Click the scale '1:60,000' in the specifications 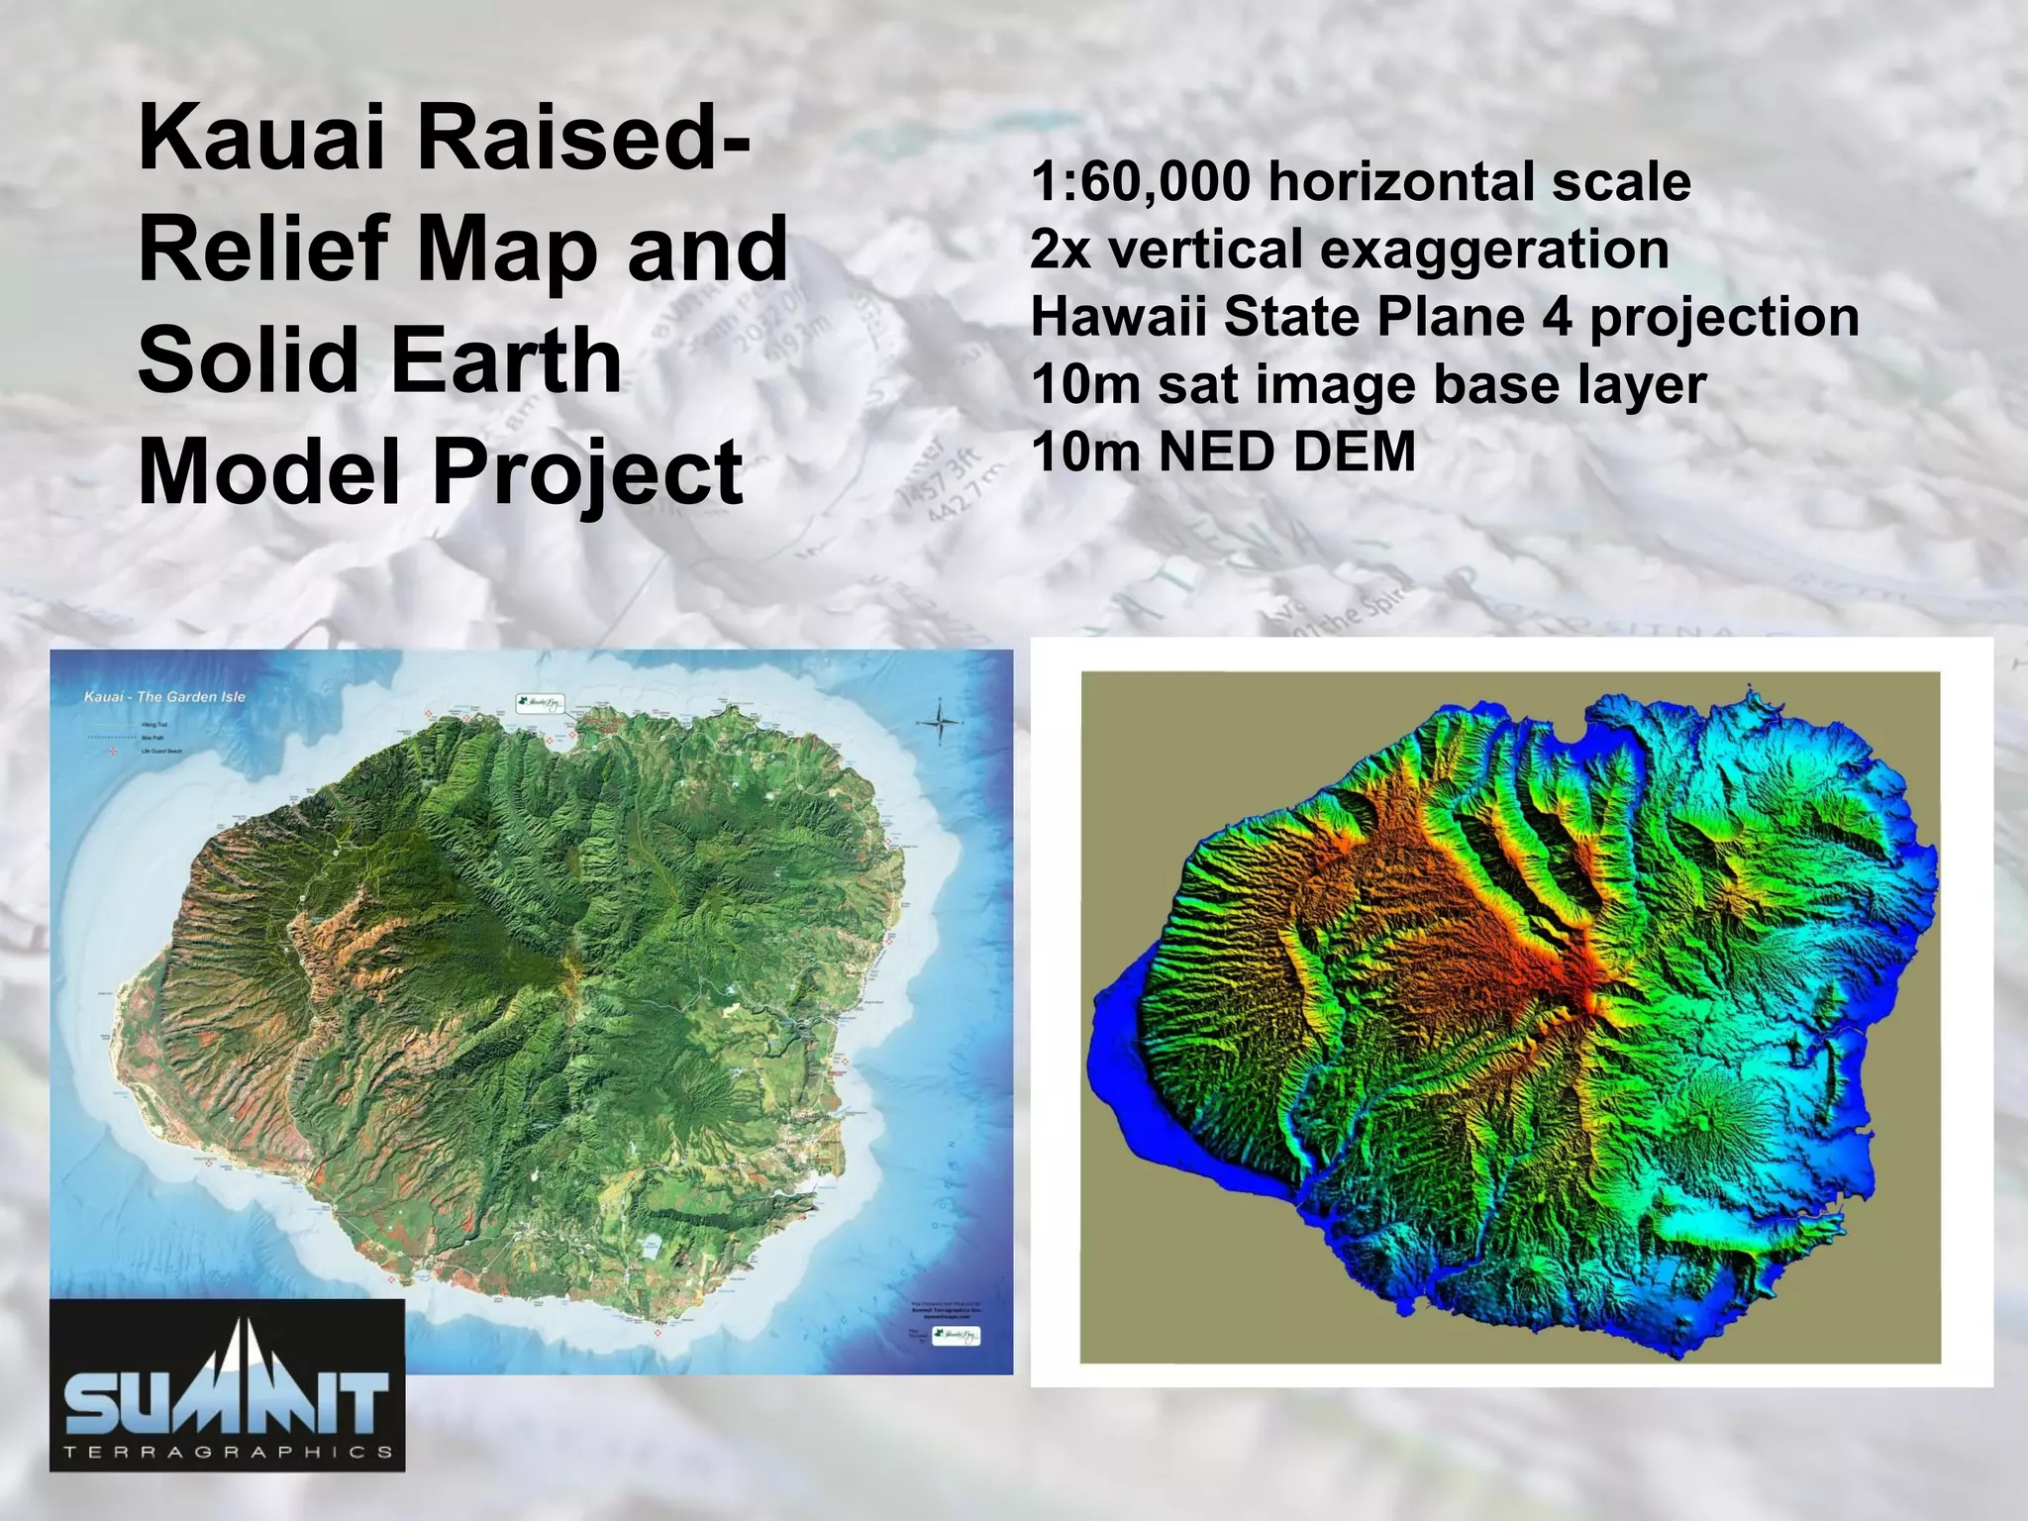pyautogui.click(x=1141, y=182)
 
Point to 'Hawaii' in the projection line pyautogui.click(x=1118, y=318)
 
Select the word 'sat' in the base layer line pyautogui.click(x=1196, y=385)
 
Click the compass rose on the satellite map pyautogui.click(x=940, y=723)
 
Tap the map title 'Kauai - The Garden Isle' pyautogui.click(x=164, y=697)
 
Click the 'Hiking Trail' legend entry pyautogui.click(x=154, y=725)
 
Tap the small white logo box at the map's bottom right pyautogui.click(x=957, y=1337)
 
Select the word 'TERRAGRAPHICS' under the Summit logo pyautogui.click(x=228, y=1453)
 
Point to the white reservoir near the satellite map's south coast pyautogui.click(x=651, y=1246)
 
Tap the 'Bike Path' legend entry pyautogui.click(x=152, y=738)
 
